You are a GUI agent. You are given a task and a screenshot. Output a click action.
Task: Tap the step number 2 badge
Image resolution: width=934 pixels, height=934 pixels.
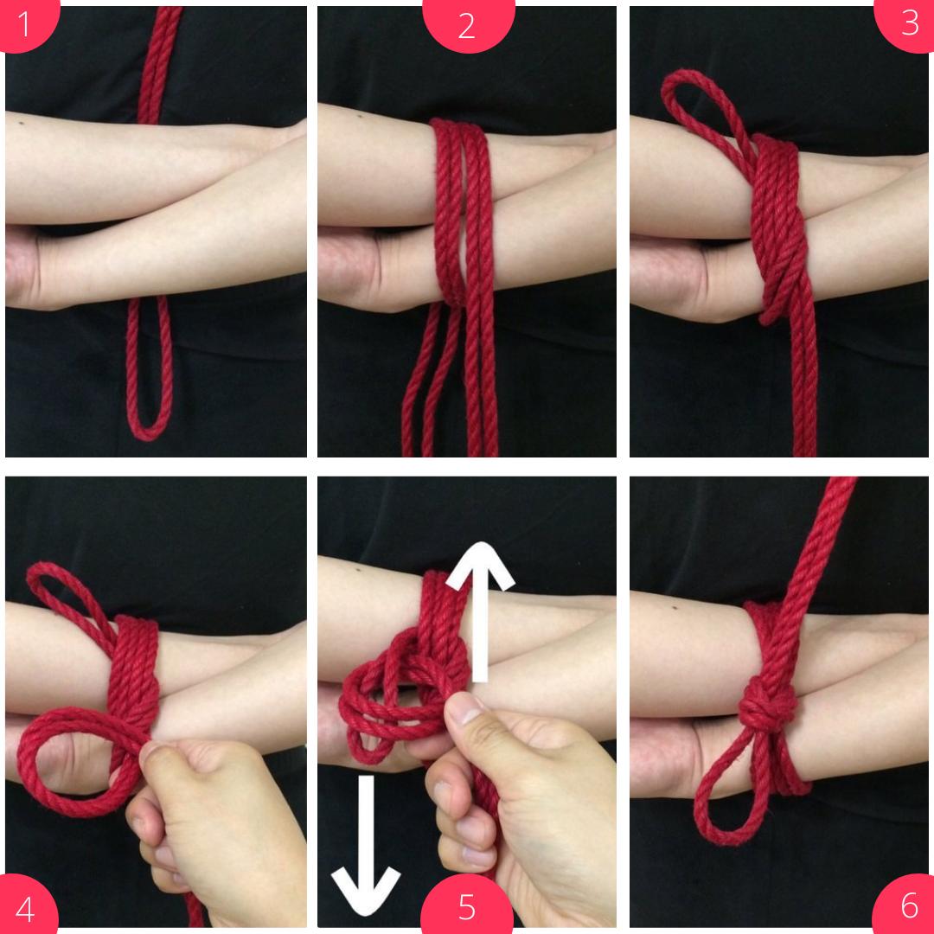(468, 25)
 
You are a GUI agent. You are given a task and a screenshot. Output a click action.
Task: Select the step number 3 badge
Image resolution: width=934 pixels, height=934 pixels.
(906, 24)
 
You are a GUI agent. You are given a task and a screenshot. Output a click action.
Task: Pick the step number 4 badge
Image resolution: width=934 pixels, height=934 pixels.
(26, 906)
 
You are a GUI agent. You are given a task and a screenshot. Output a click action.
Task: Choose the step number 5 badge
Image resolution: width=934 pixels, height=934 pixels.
(467, 905)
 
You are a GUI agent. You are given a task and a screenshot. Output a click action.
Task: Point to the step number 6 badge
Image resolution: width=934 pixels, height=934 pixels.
(906, 905)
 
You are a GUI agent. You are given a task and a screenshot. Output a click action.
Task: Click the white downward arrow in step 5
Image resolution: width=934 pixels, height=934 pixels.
(366, 846)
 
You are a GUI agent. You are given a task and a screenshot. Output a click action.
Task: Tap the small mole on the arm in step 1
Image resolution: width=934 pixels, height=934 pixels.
(22, 124)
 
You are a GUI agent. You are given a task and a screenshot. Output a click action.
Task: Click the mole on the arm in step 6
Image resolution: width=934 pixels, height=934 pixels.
(675, 608)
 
